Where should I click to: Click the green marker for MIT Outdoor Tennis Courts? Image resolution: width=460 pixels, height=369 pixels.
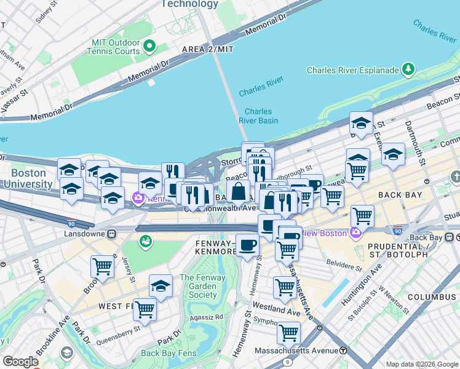148,47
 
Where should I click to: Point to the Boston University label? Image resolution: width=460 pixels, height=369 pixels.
28,178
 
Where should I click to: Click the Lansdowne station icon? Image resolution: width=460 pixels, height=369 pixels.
112,234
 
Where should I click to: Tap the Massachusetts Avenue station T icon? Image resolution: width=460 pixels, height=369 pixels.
343,351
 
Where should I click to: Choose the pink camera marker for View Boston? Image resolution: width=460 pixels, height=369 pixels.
354,233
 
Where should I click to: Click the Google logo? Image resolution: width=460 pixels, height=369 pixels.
20,362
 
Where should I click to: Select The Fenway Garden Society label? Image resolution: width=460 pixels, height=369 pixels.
202,286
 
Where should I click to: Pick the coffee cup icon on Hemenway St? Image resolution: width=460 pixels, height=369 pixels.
247,245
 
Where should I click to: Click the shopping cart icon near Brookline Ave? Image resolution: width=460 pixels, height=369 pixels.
101,266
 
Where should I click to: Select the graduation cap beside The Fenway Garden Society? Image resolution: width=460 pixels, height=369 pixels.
161,285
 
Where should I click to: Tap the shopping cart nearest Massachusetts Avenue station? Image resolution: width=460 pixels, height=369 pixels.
288,333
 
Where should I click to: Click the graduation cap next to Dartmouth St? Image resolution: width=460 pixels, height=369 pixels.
393,154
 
